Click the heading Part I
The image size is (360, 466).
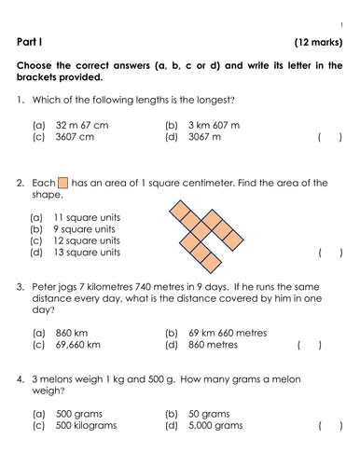tap(33, 42)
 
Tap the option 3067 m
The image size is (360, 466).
tap(206, 138)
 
